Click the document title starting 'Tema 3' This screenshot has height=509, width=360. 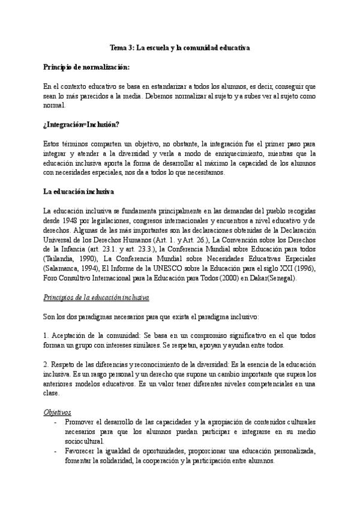tap(179, 46)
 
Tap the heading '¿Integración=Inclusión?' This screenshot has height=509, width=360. tap(82, 124)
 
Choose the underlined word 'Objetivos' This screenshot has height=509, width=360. tap(58, 412)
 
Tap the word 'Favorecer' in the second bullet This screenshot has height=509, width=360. tap(77, 451)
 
